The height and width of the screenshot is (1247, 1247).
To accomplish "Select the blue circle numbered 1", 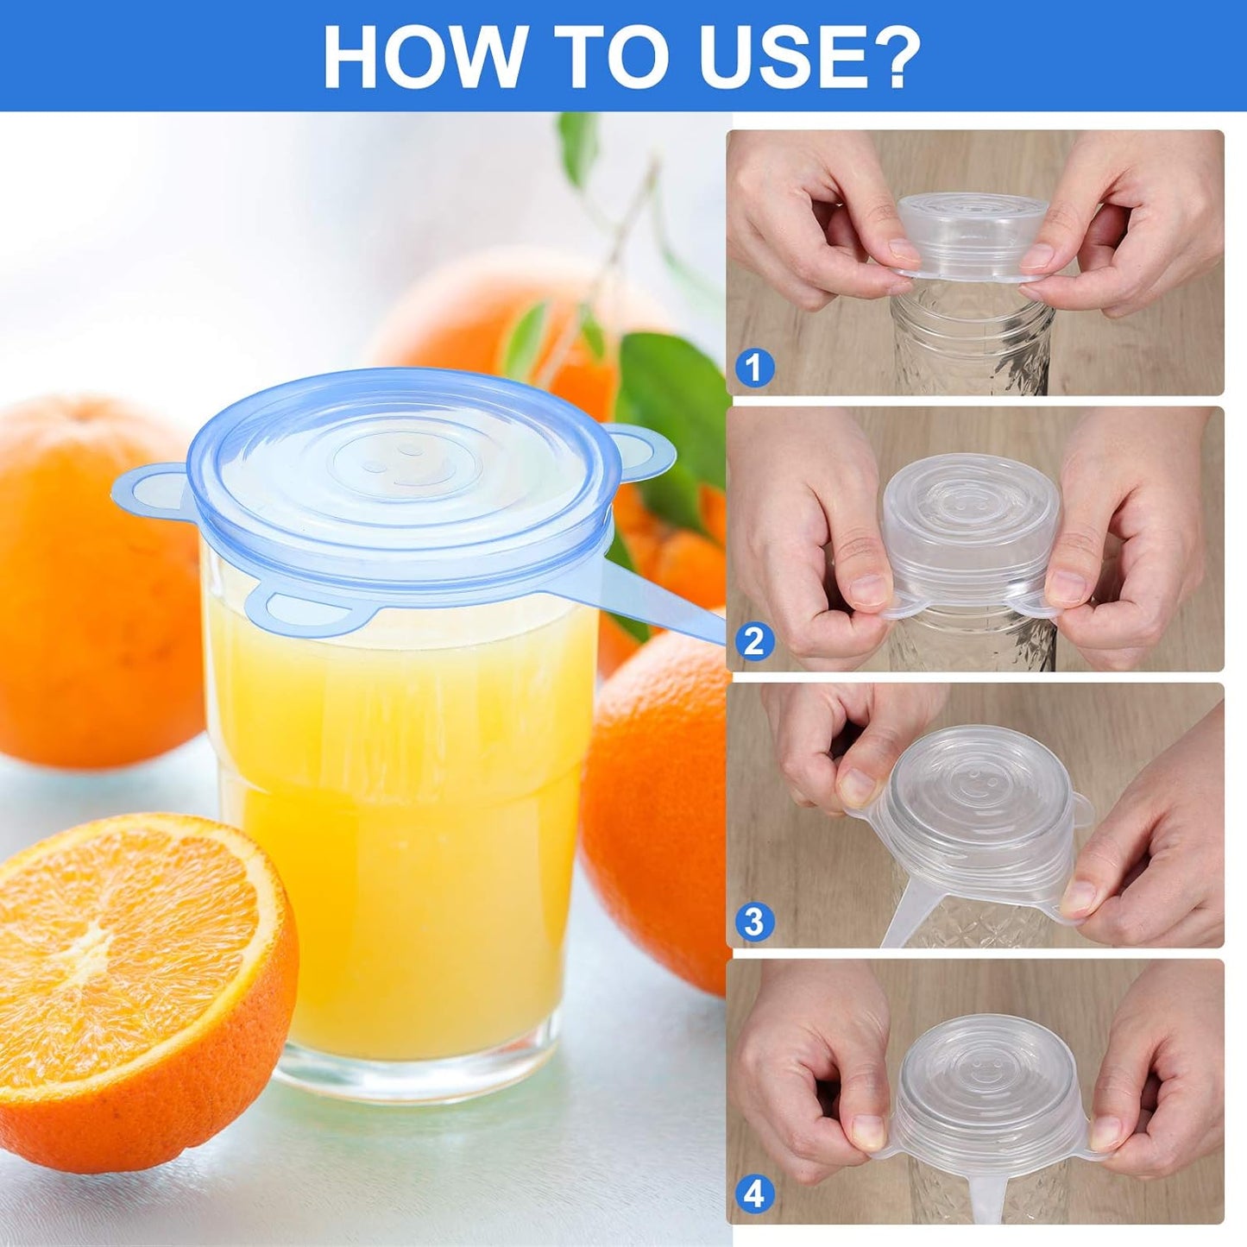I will [x=754, y=368].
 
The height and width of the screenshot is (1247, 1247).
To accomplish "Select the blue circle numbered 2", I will [x=754, y=642].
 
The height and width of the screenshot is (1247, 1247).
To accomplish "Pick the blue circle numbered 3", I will [x=754, y=922].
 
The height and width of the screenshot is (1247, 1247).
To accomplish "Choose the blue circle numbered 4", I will [x=754, y=1195].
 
